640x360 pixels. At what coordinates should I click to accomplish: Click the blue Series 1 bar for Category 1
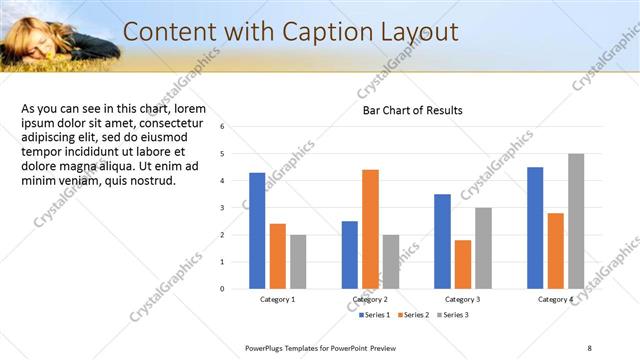tap(257, 230)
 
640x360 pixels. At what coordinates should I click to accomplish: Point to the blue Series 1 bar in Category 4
tap(535, 227)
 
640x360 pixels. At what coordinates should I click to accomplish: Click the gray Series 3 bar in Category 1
tap(298, 261)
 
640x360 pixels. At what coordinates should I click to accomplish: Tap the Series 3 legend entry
tap(452, 315)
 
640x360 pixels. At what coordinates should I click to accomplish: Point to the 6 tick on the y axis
tap(236, 127)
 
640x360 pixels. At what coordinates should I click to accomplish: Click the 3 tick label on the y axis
tap(236, 208)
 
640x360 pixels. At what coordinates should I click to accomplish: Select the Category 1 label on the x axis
tap(277, 299)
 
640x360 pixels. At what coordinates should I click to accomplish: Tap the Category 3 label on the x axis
tap(462, 299)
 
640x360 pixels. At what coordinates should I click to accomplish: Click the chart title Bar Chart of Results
tap(412, 110)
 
